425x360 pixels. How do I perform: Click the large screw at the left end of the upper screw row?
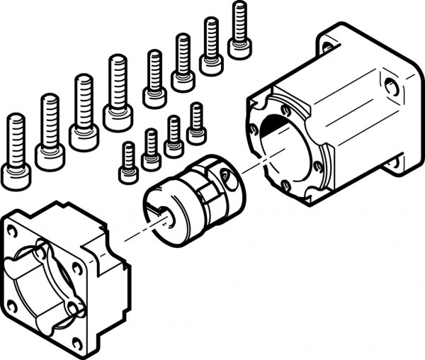coord(16,152)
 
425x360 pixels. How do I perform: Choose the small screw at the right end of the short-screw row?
coord(197,123)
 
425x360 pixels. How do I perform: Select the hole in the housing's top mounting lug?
coord(327,47)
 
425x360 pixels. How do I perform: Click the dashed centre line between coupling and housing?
coord(234,171)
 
